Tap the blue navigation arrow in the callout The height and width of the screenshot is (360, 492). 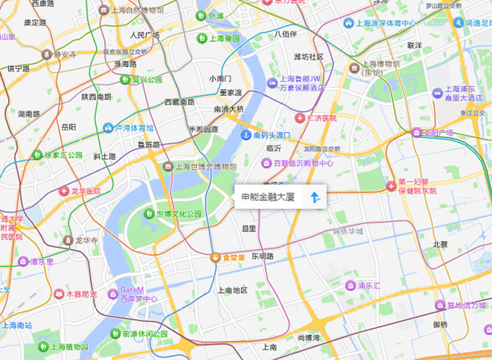pos(314,198)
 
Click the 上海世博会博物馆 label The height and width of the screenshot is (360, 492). pos(205,166)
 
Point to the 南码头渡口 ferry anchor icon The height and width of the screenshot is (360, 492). pos(244,134)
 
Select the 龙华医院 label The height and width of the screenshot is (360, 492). pos(80,191)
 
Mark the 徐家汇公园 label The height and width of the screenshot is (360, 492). pos(63,154)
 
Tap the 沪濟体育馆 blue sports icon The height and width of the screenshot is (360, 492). pos(108,128)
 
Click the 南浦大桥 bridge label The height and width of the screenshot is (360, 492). pos(229,108)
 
